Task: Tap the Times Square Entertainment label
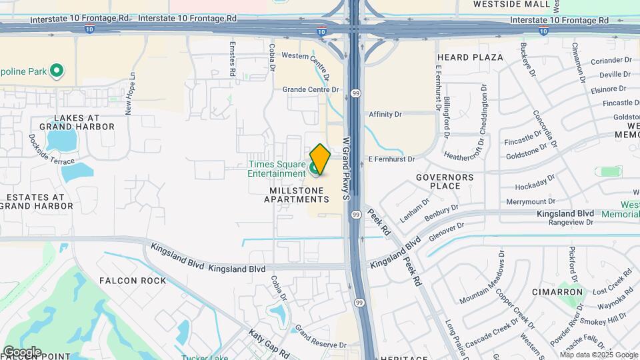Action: pyautogui.click(x=277, y=169)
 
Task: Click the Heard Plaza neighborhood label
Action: pyautogui.click(x=470, y=57)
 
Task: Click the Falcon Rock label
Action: pyautogui.click(x=133, y=281)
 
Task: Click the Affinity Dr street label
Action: pyautogui.click(x=385, y=115)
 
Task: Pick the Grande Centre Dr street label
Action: pyautogui.click(x=311, y=89)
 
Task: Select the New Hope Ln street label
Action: pyautogui.click(x=129, y=94)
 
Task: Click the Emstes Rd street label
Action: pyautogui.click(x=233, y=59)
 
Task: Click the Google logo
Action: pyautogui.click(x=22, y=352)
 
